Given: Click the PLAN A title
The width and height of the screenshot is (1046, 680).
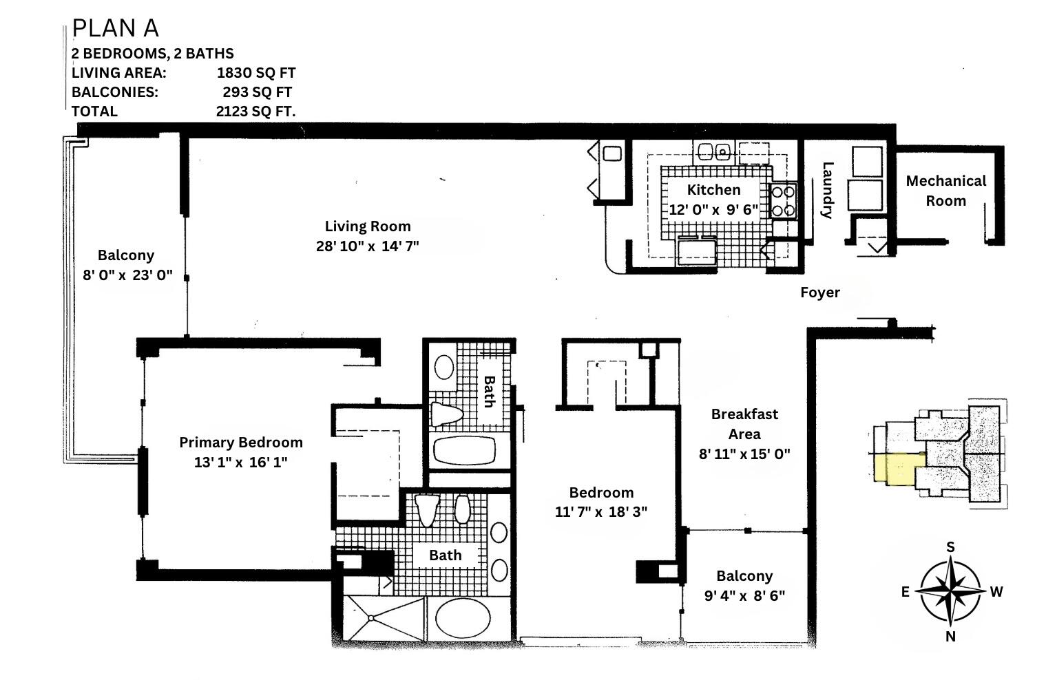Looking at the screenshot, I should (115, 28).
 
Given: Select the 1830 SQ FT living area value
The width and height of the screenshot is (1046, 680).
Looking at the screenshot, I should (255, 73).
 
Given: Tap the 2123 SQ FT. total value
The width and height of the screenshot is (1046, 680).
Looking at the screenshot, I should (255, 111).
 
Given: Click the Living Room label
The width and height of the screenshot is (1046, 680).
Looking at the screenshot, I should (367, 226).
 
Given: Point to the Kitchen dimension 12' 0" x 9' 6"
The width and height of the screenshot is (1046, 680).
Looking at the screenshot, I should (713, 209).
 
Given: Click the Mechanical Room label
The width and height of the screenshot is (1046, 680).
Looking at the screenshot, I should (945, 191).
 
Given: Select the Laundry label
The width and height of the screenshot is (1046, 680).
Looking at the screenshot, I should (828, 190).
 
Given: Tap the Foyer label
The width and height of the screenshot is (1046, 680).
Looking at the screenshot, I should (819, 293).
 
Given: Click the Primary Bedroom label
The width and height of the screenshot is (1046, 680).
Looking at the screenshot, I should (240, 443).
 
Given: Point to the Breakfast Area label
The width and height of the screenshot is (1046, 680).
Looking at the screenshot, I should (744, 424).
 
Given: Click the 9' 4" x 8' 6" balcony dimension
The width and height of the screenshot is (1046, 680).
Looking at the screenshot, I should (744, 595).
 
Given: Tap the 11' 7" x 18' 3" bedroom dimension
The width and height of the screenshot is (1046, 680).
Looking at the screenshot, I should (600, 512).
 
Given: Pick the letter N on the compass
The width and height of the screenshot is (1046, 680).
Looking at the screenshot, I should (950, 637).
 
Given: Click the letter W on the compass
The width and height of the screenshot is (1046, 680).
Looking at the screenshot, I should (996, 591).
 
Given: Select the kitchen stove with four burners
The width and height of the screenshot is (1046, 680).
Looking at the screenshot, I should (783, 201).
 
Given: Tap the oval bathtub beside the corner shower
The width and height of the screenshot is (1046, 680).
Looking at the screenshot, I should (468, 617).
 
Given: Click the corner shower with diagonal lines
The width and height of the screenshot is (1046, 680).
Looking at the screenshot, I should (384, 619).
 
